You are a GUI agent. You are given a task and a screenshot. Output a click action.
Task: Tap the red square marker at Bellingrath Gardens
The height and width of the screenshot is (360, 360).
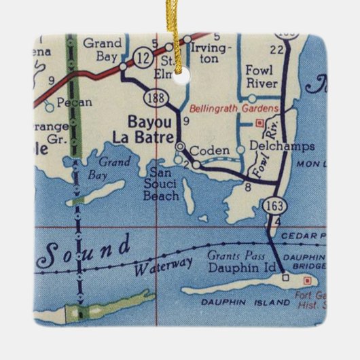tap(258, 123)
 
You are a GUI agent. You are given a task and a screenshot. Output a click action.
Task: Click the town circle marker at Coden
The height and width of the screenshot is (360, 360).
tap(180, 146)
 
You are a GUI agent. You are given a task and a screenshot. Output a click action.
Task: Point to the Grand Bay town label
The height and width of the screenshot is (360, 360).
tap(103, 49)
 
